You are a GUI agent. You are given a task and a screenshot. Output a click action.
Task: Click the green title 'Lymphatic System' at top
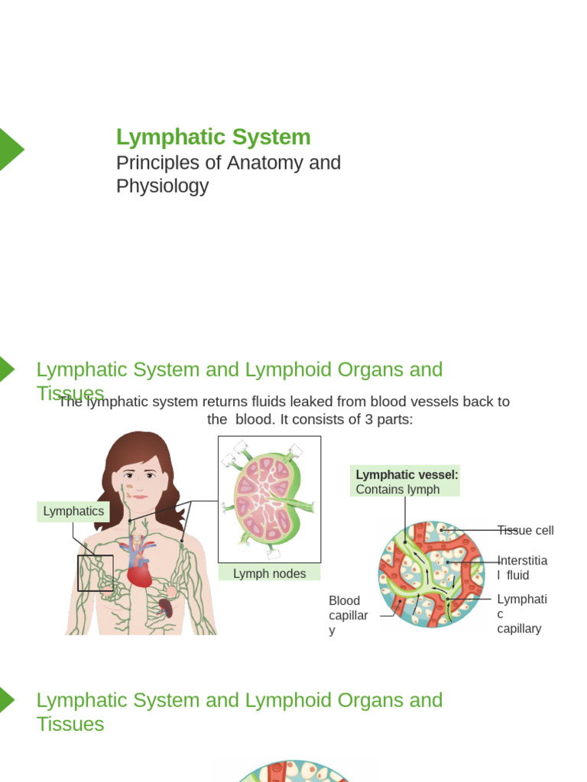click(213, 137)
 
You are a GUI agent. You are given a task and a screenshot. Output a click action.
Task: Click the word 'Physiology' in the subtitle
click(162, 186)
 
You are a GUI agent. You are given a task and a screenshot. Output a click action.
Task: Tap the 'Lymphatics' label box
click(73, 512)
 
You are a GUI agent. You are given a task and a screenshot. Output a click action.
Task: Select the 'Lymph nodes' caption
click(269, 574)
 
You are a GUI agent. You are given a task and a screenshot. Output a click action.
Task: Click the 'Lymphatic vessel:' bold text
click(407, 474)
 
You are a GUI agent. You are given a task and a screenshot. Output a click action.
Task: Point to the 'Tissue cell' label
click(525, 530)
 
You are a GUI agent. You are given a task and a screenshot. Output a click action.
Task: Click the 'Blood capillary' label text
click(348, 615)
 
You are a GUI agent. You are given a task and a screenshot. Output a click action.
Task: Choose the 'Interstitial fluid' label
click(522, 567)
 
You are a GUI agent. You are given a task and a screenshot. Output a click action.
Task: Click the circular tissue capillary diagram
click(432, 573)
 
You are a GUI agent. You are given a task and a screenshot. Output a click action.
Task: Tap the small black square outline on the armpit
click(95, 574)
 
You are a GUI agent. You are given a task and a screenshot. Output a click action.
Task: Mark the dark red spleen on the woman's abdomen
click(166, 609)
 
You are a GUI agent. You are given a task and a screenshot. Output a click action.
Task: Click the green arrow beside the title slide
click(10, 149)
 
